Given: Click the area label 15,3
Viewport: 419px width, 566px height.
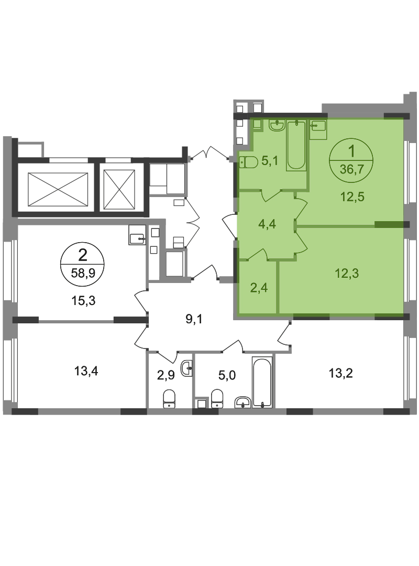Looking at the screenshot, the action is click(84, 300).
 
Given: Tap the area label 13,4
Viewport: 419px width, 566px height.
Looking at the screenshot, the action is click(86, 371).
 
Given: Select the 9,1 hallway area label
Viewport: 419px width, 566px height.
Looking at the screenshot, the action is click(194, 319).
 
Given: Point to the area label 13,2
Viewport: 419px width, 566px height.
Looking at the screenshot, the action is click(340, 373).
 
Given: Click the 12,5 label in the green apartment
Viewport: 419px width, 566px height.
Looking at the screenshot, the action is click(352, 197).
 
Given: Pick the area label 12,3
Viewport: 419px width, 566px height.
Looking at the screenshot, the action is click(347, 273).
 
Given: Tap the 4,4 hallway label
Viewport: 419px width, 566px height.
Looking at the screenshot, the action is click(268, 224).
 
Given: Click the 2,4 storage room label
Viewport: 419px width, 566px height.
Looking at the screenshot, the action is click(259, 288).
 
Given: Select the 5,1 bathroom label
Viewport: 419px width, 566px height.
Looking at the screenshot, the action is click(270, 161).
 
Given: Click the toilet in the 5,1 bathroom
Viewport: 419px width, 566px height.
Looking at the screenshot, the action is click(249, 162).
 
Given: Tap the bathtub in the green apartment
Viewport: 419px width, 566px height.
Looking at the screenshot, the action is click(296, 146).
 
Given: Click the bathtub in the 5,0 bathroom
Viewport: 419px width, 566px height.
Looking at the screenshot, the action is click(262, 382).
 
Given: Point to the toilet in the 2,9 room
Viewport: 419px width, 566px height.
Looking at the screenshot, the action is click(169, 399).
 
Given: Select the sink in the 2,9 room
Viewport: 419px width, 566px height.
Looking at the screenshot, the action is click(187, 368).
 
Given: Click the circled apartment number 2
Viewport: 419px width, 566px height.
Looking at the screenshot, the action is click(83, 256).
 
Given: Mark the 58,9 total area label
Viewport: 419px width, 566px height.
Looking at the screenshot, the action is click(83, 273).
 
